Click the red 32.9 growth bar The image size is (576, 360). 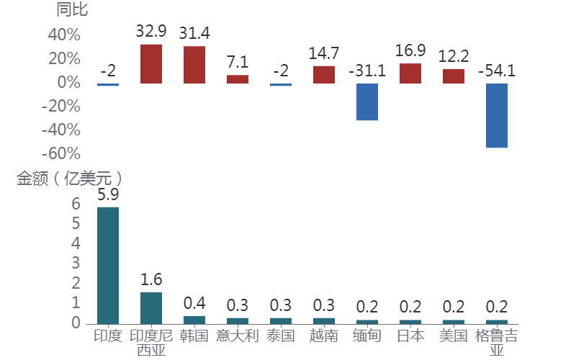151,63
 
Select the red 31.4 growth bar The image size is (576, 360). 194,65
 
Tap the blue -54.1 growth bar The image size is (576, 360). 497,115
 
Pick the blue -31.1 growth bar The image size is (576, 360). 367,102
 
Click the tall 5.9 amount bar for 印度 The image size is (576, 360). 108,265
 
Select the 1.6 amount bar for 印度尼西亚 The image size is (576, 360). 151,307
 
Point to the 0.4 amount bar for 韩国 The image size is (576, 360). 194,320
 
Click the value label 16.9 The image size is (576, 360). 410,50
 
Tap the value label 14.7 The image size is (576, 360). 324,53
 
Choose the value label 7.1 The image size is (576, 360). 238,62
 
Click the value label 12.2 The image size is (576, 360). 454,55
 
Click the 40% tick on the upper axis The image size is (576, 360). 64,35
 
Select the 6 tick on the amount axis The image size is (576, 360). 76,204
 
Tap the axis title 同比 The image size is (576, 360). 72,10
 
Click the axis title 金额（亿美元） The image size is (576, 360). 70,179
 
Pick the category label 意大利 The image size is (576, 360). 237,336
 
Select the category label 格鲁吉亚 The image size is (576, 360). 497,343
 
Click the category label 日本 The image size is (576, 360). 410,336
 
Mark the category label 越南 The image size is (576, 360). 324,336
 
